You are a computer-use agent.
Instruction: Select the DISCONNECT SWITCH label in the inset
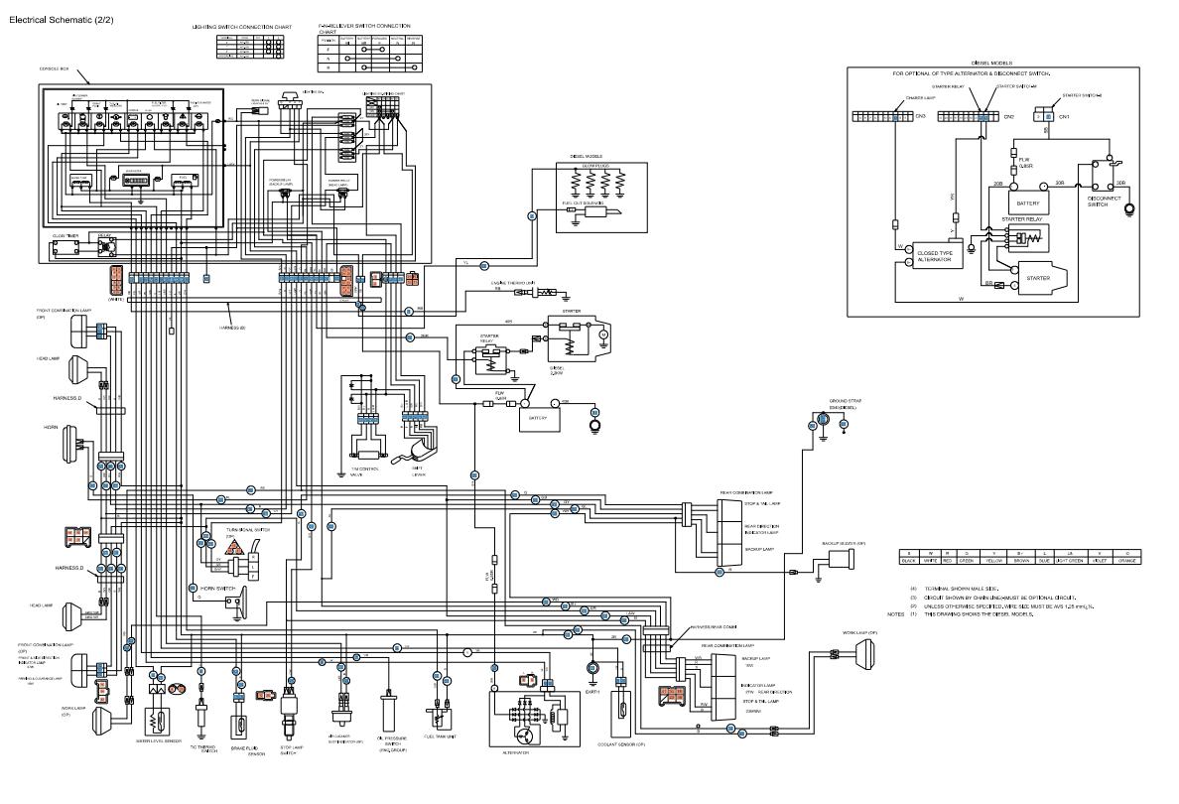pyautogui.click(x=1103, y=201)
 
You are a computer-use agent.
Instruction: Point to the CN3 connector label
pyautogui.click(x=921, y=116)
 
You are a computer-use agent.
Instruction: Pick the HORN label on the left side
pyautogui.click(x=51, y=426)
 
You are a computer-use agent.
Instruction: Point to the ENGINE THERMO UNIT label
pyautogui.click(x=513, y=284)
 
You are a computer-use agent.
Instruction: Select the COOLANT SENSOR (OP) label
pyautogui.click(x=623, y=742)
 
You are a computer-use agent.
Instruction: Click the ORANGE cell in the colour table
pyautogui.click(x=1126, y=561)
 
